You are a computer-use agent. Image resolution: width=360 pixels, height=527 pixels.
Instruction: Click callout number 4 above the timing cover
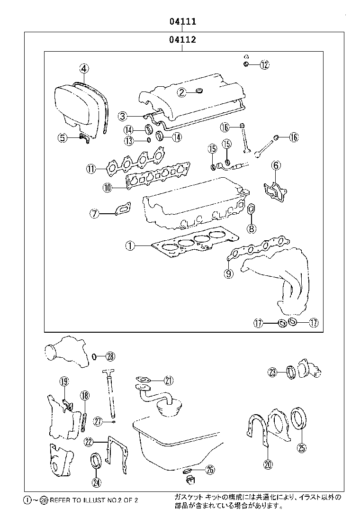(x=83, y=69)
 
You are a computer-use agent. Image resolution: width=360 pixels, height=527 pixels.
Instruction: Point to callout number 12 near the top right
(x=264, y=65)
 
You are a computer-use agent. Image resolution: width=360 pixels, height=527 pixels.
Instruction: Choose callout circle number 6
(x=276, y=165)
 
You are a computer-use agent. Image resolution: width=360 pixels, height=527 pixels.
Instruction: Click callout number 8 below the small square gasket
(x=251, y=229)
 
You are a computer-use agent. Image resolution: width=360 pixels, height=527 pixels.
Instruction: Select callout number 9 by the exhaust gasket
(x=229, y=273)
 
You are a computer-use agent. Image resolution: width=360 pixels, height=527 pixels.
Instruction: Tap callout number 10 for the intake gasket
(x=108, y=188)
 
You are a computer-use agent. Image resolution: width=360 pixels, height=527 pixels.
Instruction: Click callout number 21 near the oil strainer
(x=169, y=380)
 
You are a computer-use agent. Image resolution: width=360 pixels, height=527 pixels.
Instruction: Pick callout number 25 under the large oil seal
(x=301, y=447)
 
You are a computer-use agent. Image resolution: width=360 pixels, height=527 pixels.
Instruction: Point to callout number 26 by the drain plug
(x=210, y=470)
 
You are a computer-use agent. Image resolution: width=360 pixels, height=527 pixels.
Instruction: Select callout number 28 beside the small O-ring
(x=110, y=356)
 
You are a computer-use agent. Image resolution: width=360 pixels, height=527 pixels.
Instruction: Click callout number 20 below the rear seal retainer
(x=268, y=464)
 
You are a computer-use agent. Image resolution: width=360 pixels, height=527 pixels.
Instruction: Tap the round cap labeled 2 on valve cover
(x=198, y=90)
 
